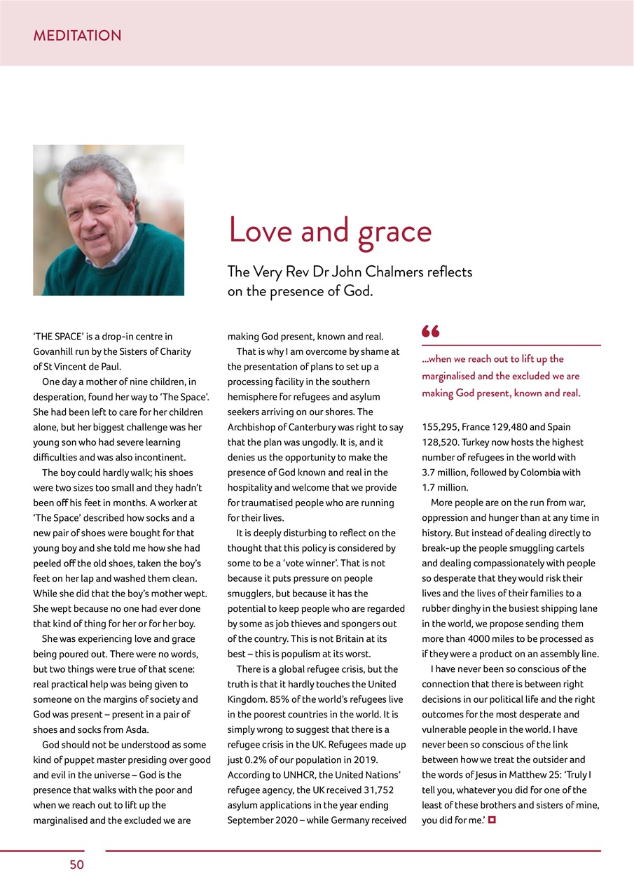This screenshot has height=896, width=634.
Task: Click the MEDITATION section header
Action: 77,36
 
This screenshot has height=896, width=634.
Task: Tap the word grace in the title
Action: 394,232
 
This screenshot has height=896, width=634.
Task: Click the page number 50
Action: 76,865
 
